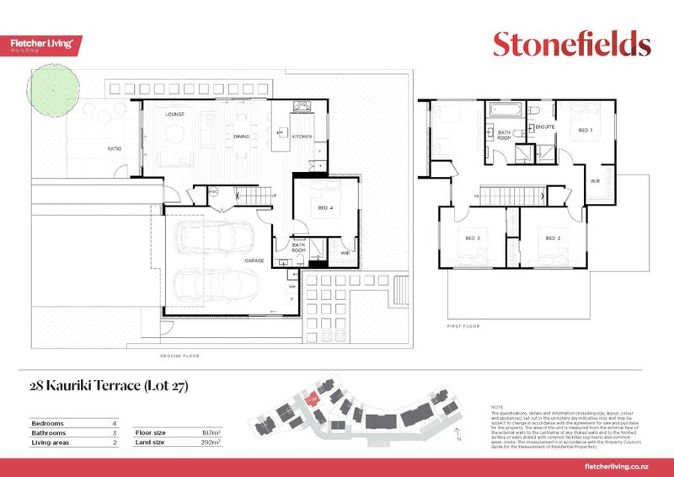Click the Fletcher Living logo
click(x=45, y=45)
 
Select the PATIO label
click(x=114, y=148)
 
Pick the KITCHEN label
click(x=302, y=136)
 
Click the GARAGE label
click(x=255, y=260)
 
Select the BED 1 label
click(x=584, y=131)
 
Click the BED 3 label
click(x=473, y=238)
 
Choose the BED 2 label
click(x=553, y=238)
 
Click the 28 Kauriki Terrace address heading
click(x=108, y=387)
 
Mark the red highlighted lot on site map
click(x=313, y=397)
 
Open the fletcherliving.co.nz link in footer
click(x=620, y=467)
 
